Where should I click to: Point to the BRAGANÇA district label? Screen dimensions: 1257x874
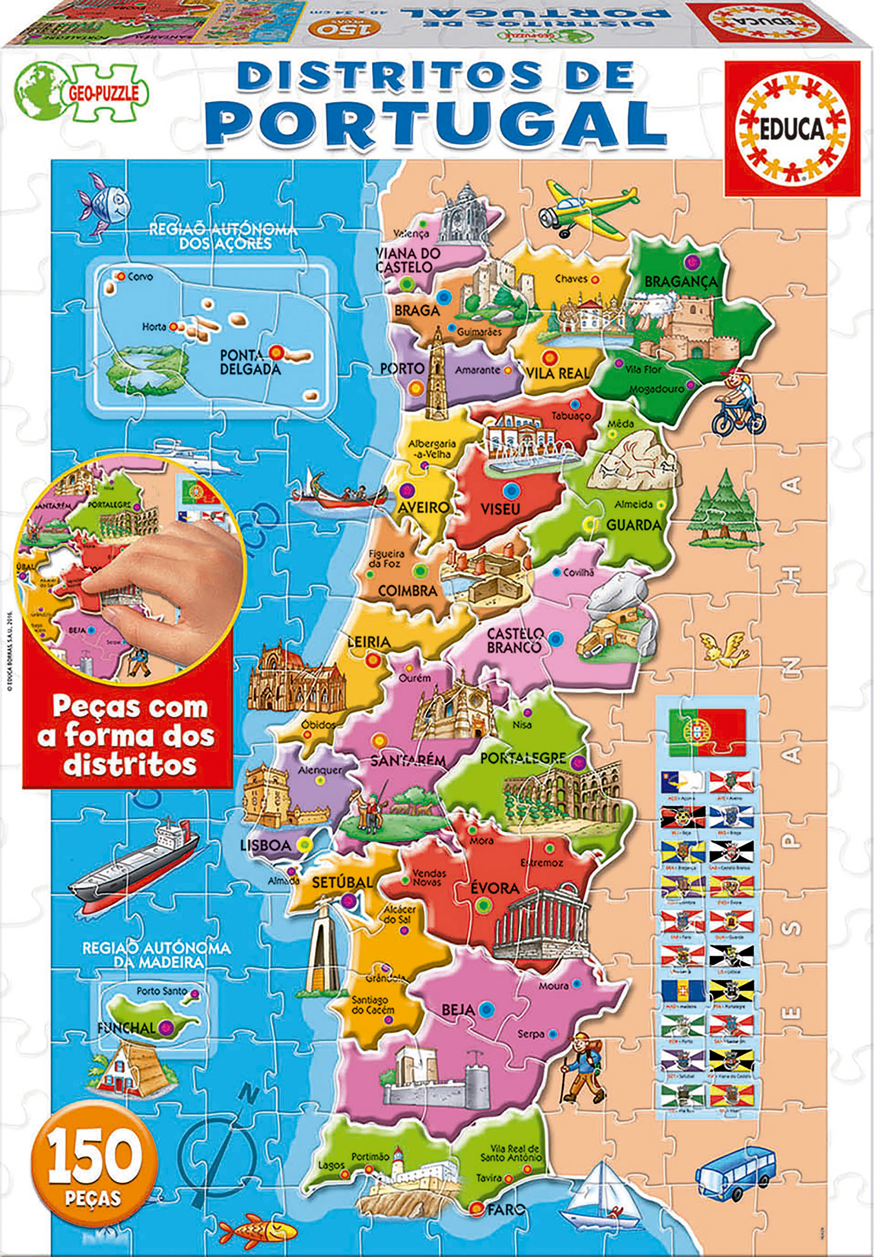point(680,282)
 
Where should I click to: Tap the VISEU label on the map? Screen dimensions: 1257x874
point(500,509)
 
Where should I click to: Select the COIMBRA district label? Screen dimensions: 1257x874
point(408,591)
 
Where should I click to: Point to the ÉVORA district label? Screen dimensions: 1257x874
point(495,888)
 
